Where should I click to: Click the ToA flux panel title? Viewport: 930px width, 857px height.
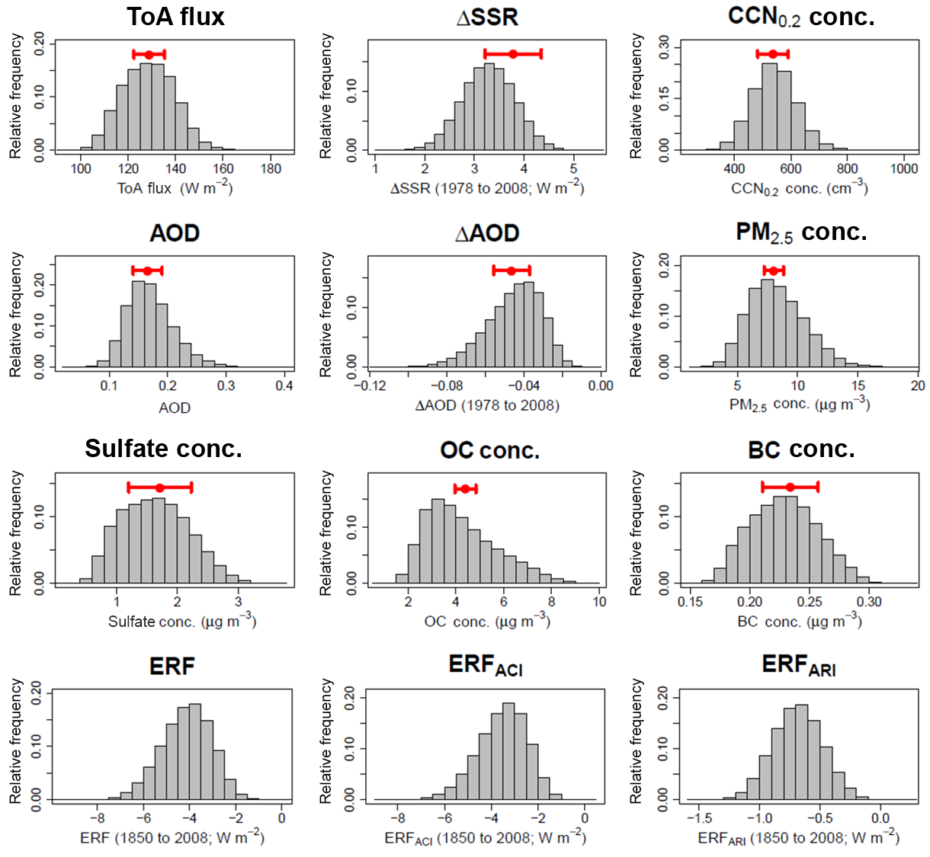[175, 17]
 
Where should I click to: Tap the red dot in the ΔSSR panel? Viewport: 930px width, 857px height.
[513, 53]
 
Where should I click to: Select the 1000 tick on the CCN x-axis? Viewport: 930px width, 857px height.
[904, 168]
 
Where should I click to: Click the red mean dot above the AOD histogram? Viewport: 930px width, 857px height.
[147, 270]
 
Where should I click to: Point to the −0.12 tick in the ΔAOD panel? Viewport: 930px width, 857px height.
[370, 385]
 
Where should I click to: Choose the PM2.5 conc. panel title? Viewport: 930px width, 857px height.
[801, 232]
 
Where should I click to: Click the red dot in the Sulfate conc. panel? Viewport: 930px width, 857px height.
[159, 488]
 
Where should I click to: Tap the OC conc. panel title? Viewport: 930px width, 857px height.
[489, 450]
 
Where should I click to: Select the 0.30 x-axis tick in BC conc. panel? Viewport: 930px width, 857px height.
[869, 602]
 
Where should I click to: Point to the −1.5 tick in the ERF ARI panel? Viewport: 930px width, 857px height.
[700, 818]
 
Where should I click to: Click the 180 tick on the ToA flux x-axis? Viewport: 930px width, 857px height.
[271, 168]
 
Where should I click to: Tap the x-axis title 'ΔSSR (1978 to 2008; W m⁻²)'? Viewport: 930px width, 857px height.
[487, 188]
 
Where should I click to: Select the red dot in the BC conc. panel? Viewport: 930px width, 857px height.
[790, 487]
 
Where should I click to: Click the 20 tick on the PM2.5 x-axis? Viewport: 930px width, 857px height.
[918, 385]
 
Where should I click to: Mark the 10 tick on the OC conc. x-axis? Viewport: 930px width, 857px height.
[600, 602]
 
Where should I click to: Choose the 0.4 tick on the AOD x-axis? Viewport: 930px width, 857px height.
[284, 385]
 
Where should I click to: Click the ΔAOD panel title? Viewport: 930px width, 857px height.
[487, 233]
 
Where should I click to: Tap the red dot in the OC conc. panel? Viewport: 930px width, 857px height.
[465, 488]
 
